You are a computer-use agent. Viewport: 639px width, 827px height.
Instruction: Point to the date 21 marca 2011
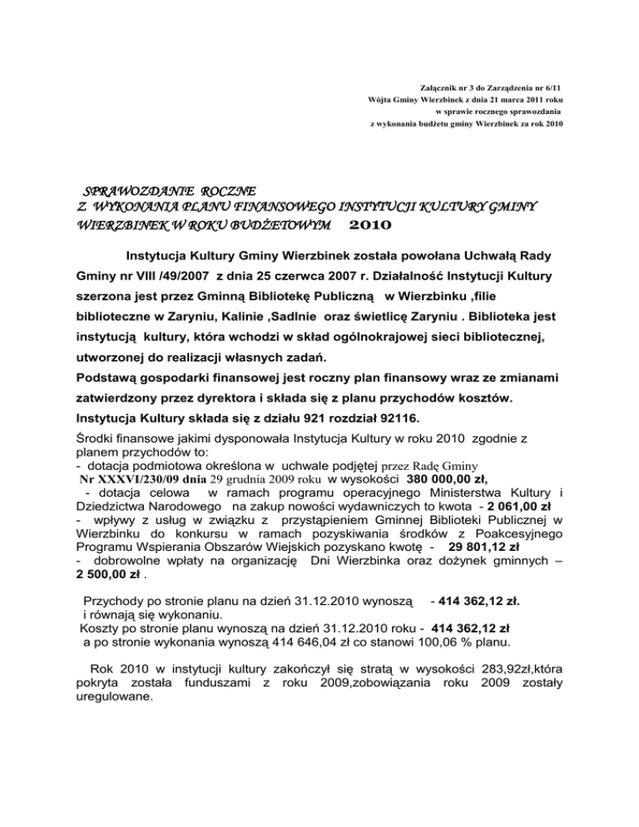point(494,99)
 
